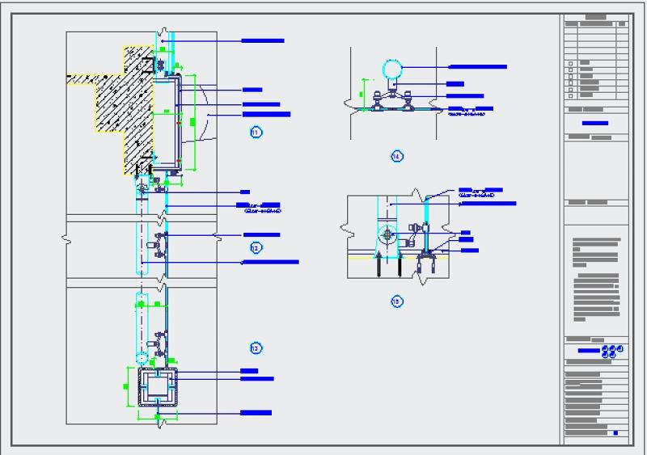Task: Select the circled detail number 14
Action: click(396, 156)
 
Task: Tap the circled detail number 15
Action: click(396, 301)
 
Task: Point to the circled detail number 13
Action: click(256, 348)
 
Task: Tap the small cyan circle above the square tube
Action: click(141, 356)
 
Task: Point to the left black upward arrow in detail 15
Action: click(375, 264)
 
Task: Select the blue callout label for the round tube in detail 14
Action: click(477, 67)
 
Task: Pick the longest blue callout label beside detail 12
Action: click(272, 262)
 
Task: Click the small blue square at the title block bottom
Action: click(615, 434)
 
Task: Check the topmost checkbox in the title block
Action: click(570, 62)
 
